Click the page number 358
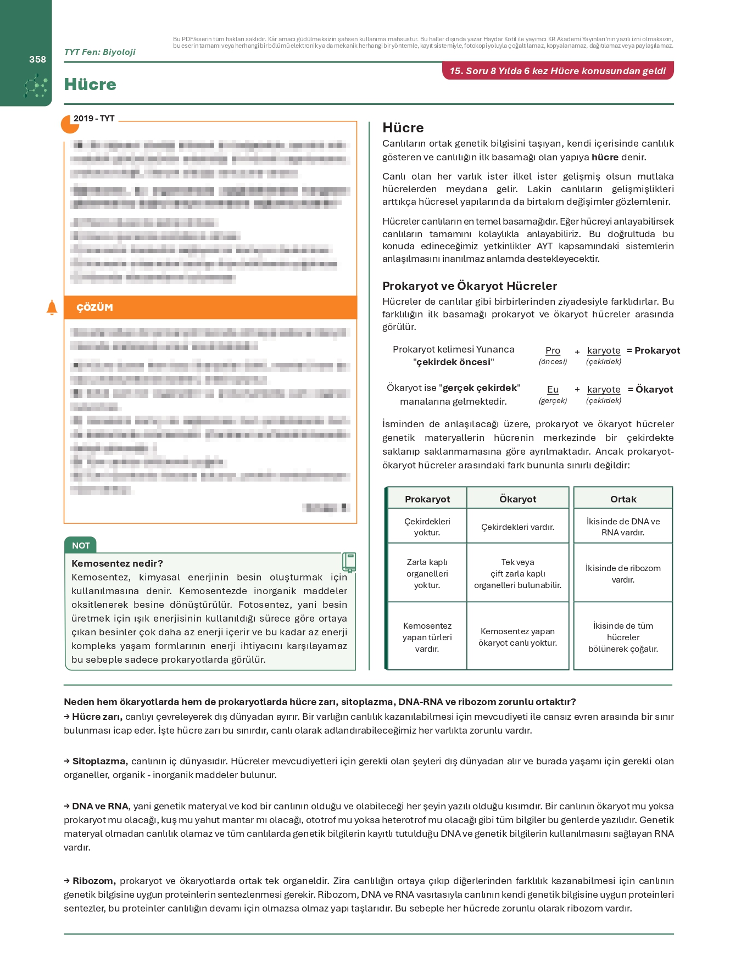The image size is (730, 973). (x=37, y=59)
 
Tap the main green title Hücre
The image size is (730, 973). (x=90, y=85)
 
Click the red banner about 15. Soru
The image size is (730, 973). (x=558, y=71)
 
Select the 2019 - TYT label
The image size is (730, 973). (x=94, y=119)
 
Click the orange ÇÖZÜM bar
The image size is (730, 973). (x=210, y=307)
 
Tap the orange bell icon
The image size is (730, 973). (x=52, y=307)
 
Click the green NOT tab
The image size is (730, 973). (x=81, y=545)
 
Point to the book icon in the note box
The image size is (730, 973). (x=349, y=562)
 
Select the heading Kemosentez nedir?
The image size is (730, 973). (x=118, y=563)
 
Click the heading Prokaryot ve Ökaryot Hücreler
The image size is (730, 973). (x=470, y=286)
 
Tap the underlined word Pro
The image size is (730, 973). (x=553, y=350)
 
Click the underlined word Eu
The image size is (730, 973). (x=553, y=389)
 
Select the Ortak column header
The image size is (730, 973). (x=623, y=499)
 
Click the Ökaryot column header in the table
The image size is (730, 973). (x=517, y=499)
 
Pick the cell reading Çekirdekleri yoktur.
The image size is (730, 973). (x=427, y=527)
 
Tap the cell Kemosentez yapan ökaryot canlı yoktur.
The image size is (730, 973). (x=517, y=637)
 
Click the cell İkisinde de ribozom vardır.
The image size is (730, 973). (x=623, y=574)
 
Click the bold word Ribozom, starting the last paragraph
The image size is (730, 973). (x=94, y=881)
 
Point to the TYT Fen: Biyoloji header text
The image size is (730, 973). (x=100, y=52)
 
